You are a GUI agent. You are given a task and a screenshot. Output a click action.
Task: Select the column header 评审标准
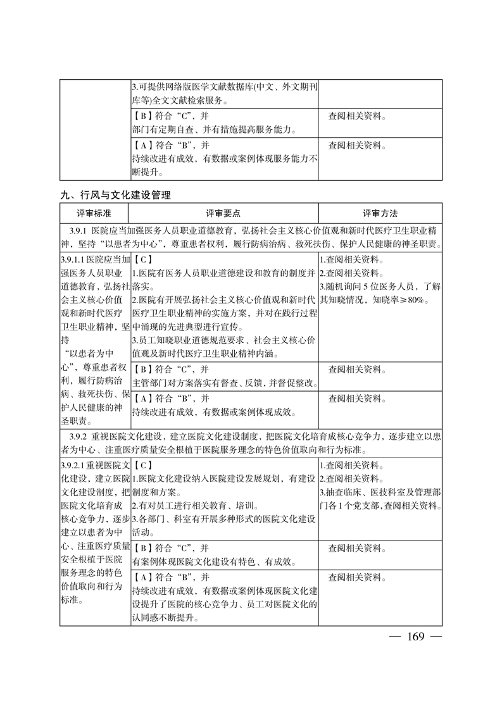coord(94,213)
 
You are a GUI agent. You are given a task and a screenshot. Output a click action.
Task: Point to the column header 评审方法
coord(380,213)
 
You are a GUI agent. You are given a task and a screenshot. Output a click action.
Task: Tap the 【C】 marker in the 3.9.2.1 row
coord(143,466)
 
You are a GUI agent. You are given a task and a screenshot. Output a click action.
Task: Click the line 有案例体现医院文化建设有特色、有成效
coord(215,561)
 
